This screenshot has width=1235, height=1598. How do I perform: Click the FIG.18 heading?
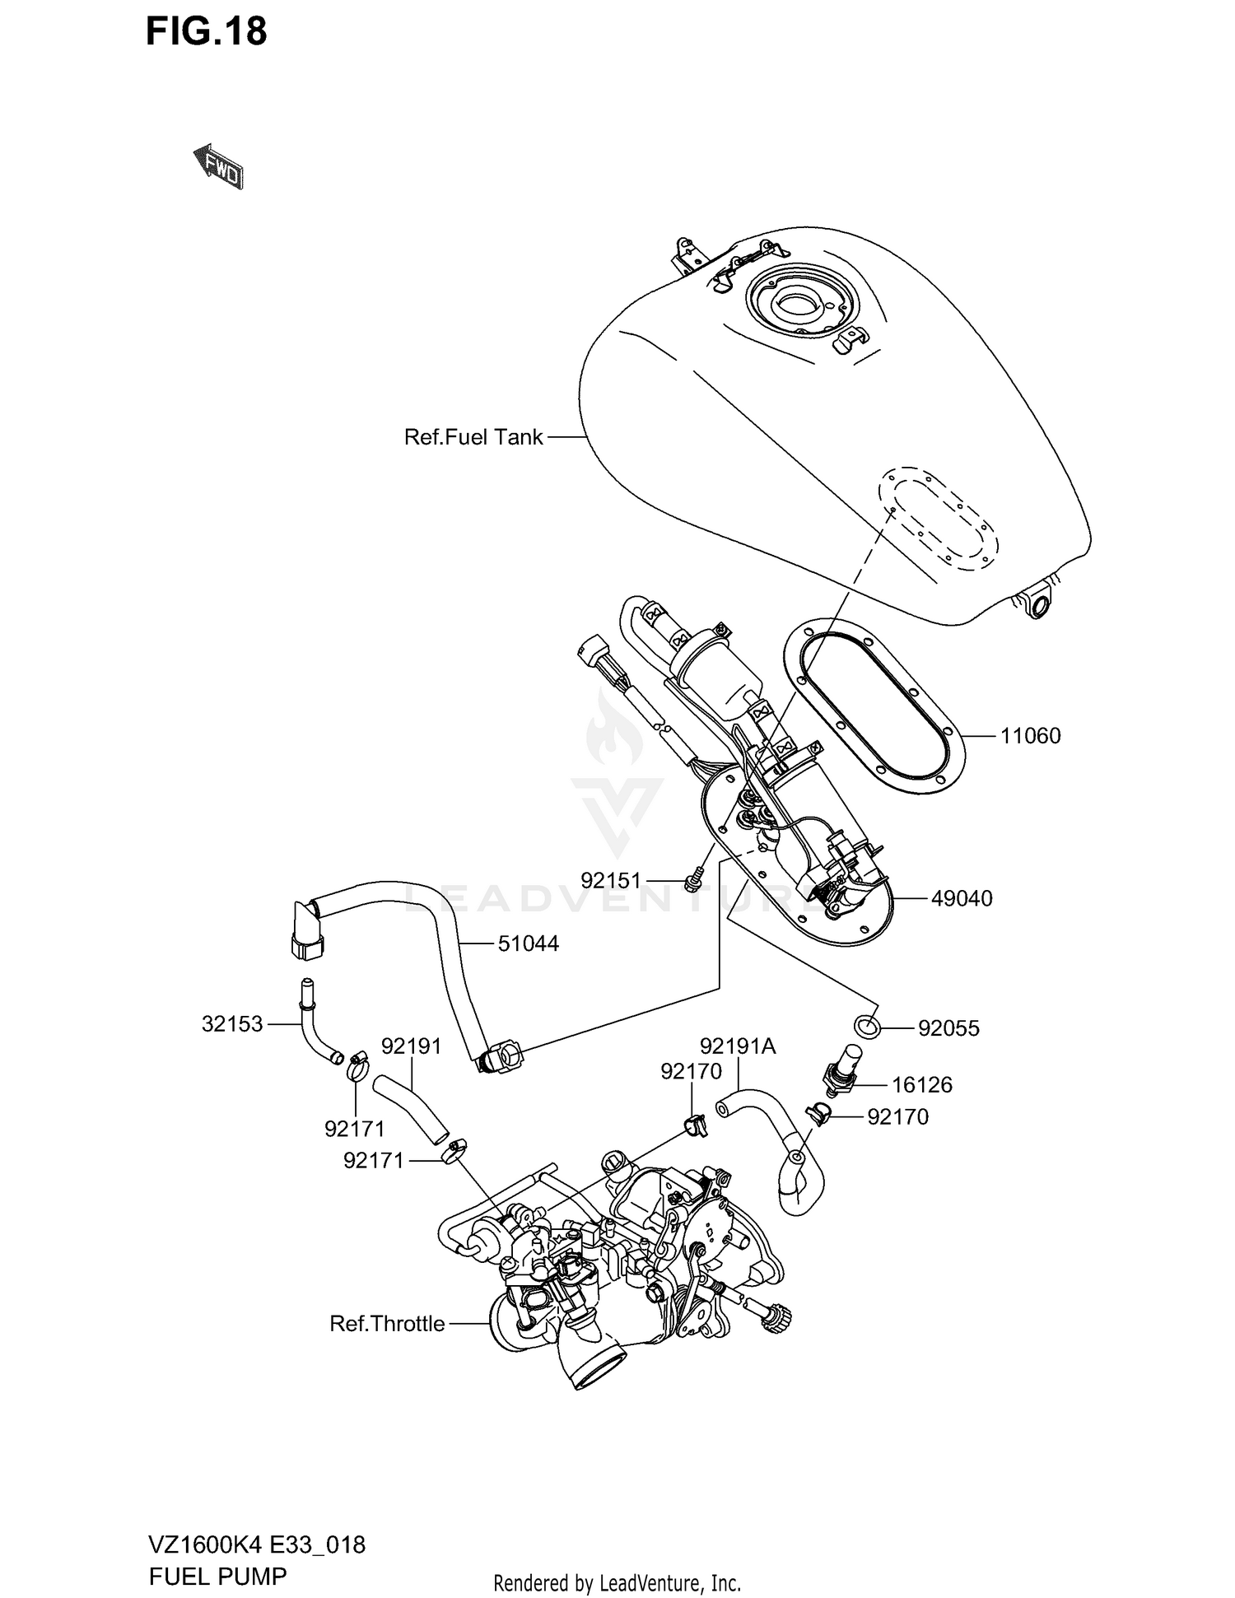click(x=207, y=32)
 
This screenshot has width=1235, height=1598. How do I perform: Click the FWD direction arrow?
click(x=218, y=168)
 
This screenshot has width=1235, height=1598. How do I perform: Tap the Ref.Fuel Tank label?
click(x=473, y=437)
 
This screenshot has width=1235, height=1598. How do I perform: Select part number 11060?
click(x=1030, y=735)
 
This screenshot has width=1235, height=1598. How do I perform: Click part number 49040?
click(x=962, y=898)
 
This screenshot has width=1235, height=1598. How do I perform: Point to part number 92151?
click(x=610, y=880)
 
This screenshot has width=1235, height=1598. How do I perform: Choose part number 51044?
click(x=528, y=943)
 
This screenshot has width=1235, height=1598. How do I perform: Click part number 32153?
click(x=232, y=1024)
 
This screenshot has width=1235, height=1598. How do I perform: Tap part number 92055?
click(x=948, y=1028)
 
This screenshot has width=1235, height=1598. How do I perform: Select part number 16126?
click(x=921, y=1084)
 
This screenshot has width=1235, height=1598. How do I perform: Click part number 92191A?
click(x=738, y=1046)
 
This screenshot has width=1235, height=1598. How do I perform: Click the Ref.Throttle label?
click(x=387, y=1324)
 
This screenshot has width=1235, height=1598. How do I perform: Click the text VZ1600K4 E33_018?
click(x=257, y=1544)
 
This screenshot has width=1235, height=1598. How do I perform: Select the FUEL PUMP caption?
click(x=217, y=1576)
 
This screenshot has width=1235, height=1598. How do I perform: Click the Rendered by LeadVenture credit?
click(x=617, y=1582)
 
